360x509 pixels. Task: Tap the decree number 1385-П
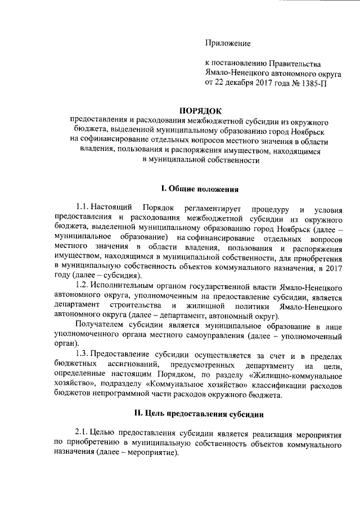312,83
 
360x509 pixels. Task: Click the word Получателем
98,326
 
